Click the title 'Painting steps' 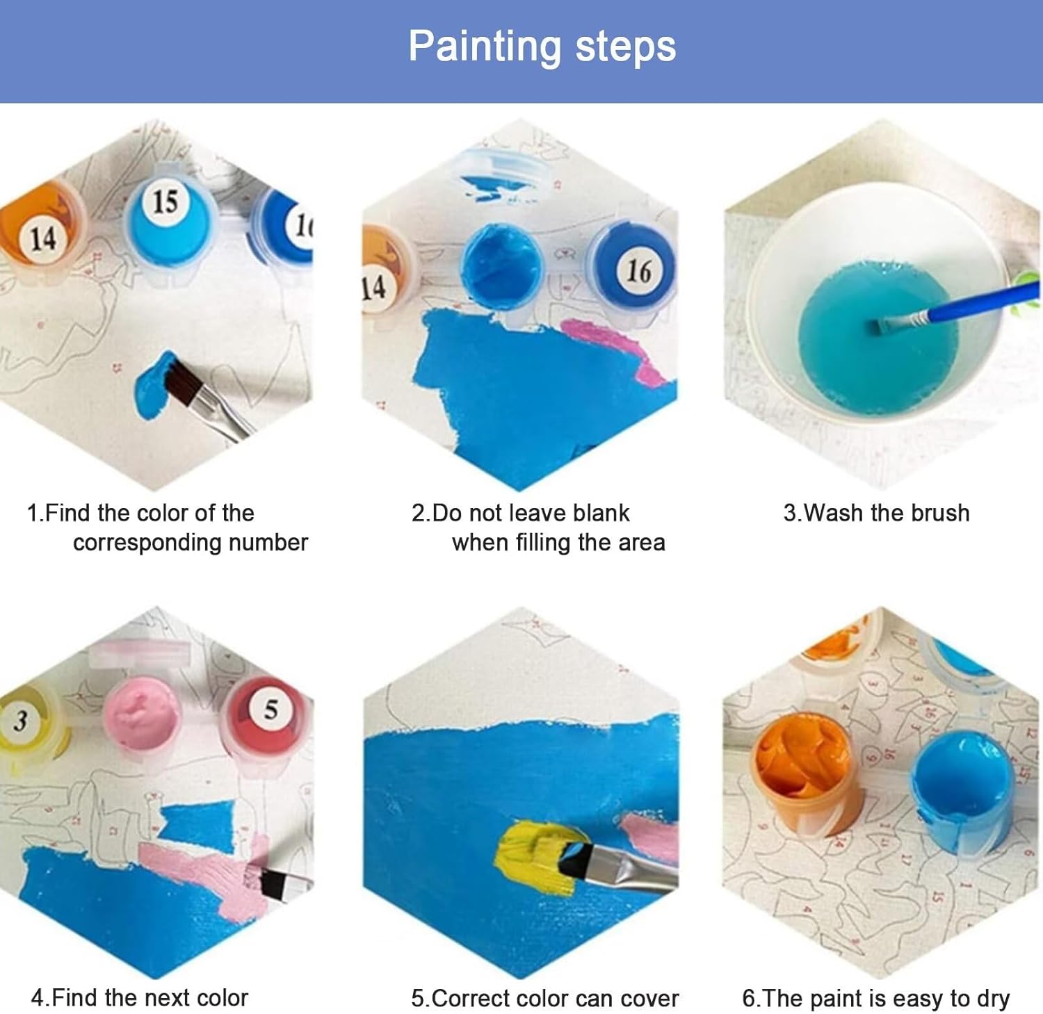(542, 47)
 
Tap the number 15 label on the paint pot (165, 202)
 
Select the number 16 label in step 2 (639, 271)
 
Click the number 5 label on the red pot (270, 710)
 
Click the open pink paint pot (143, 714)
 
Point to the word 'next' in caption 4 (167, 998)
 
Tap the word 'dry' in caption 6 (993, 999)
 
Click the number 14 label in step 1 (42, 238)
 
